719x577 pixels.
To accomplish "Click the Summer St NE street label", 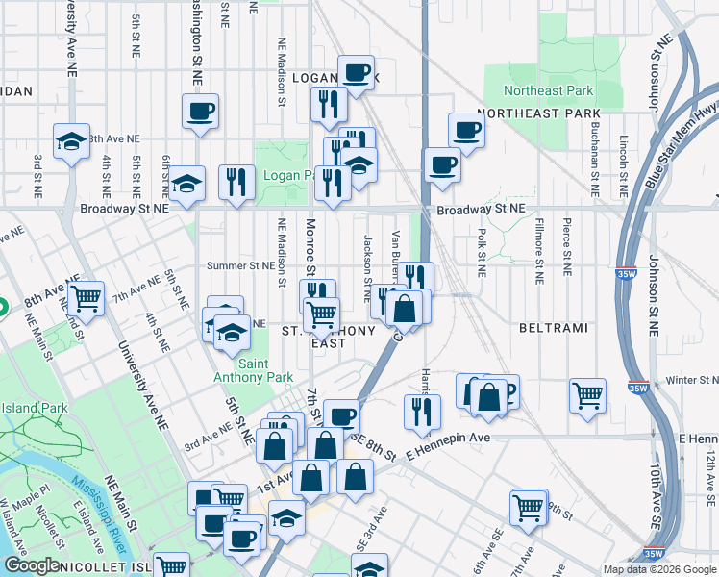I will (x=241, y=265).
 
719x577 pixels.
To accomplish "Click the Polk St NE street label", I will (x=480, y=249).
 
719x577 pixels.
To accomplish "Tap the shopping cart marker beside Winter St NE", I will (x=587, y=393).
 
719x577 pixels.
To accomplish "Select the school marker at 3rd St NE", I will (x=71, y=140).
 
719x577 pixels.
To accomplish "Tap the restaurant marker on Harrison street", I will (x=422, y=411).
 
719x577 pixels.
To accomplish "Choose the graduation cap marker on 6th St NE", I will (x=186, y=182).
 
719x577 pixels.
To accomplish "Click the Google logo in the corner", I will (x=31, y=566).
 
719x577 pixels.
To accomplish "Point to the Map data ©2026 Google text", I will (x=658, y=569).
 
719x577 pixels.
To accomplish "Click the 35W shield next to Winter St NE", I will (x=637, y=389).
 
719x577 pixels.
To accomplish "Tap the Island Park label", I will (x=35, y=408).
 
